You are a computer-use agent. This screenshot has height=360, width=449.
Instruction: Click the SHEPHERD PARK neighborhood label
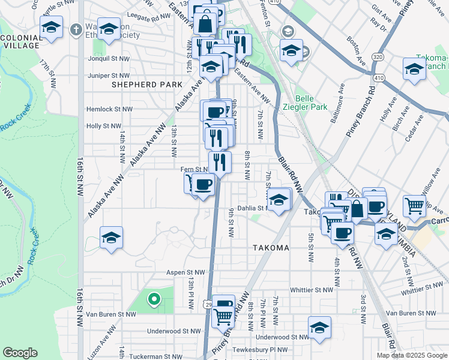pos(139,85)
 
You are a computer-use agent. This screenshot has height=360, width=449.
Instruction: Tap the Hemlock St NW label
pos(109,109)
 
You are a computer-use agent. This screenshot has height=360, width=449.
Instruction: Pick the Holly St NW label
pos(104,126)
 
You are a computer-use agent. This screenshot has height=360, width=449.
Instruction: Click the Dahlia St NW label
pos(255,208)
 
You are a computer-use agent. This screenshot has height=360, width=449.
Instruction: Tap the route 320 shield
pos(378,56)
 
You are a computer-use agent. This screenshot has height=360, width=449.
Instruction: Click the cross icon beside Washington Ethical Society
pos(76,29)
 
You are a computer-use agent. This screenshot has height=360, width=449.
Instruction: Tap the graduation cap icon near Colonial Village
pos(52,28)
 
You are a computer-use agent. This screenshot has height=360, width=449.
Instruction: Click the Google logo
pos(20,353)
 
